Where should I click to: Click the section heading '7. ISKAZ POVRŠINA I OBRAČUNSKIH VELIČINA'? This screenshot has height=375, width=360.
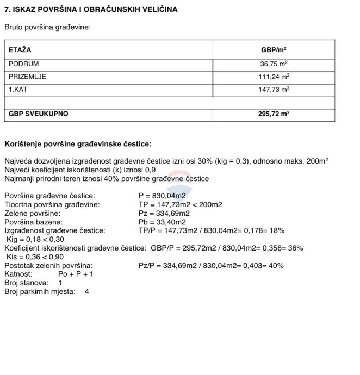(x=91, y=10)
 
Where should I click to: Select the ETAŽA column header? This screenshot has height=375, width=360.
(x=20, y=50)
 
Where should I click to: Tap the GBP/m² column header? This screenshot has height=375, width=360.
(x=274, y=50)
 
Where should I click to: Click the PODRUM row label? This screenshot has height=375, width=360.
(x=23, y=64)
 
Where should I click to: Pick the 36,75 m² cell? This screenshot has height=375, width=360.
(x=274, y=64)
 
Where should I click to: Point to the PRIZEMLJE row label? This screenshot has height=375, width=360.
(x=27, y=77)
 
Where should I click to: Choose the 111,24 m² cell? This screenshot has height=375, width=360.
(x=274, y=77)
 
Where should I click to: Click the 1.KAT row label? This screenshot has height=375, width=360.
(x=18, y=89)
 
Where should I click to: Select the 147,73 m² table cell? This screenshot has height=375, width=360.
(x=274, y=89)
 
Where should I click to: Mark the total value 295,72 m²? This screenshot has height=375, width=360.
(x=274, y=114)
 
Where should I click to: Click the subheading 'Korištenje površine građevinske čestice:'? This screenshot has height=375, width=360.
(x=78, y=144)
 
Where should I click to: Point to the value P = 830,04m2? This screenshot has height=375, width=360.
(x=162, y=196)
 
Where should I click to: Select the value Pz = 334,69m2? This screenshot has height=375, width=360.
(x=164, y=214)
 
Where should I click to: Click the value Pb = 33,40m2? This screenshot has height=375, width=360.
(x=162, y=222)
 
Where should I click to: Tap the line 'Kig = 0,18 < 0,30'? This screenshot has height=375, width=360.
(x=35, y=240)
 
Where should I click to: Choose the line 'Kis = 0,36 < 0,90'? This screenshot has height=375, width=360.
(x=35, y=257)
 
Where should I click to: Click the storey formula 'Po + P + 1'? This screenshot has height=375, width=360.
(x=76, y=274)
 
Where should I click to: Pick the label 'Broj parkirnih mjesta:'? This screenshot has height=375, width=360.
(x=40, y=292)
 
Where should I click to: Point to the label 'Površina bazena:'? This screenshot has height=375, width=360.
(x=33, y=222)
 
